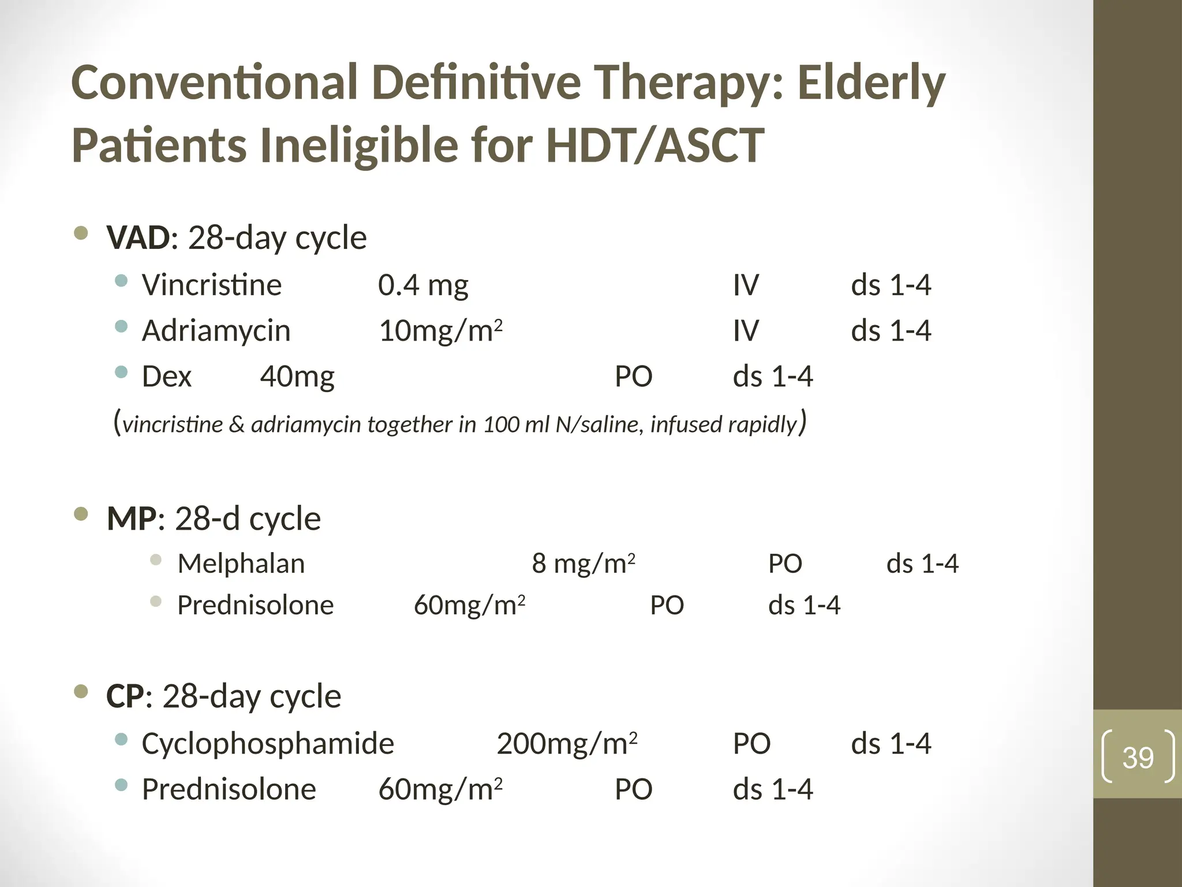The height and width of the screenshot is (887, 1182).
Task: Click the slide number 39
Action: tap(1138, 758)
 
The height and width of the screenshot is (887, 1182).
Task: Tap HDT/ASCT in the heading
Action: tap(655, 146)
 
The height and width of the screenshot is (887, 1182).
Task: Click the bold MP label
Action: tap(132, 519)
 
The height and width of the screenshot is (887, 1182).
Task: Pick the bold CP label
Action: tap(125, 696)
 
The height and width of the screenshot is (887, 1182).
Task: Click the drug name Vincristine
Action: tap(212, 285)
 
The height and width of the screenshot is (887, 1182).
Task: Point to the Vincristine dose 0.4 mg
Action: tap(423, 285)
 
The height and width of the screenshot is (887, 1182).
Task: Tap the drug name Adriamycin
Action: tap(216, 331)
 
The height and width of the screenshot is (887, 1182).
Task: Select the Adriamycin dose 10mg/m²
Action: tap(440, 331)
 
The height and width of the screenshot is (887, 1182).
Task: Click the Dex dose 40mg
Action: tap(297, 377)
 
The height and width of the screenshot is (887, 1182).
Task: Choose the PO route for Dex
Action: tap(633, 377)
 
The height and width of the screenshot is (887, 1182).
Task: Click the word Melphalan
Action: tap(241, 564)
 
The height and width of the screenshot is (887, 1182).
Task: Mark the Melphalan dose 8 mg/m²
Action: tap(583, 564)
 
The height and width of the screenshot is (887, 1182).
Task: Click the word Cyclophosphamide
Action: tap(268, 743)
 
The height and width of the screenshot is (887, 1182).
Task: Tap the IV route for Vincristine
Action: tap(746, 285)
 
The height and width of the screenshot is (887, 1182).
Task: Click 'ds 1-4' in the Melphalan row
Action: tap(922, 564)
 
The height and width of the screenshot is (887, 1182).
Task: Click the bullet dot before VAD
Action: tap(81, 233)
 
